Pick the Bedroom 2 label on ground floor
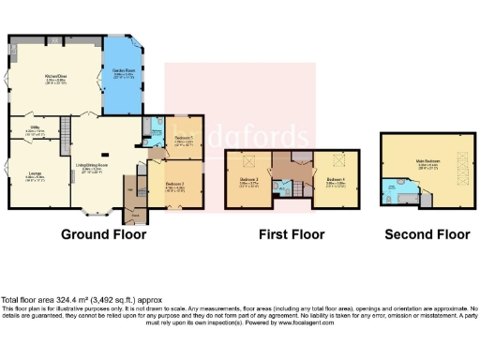[x=175, y=185]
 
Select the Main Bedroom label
[x=427, y=160]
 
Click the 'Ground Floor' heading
[x=103, y=235]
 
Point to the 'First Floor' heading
[x=292, y=235]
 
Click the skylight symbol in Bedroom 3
[x=250, y=159]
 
